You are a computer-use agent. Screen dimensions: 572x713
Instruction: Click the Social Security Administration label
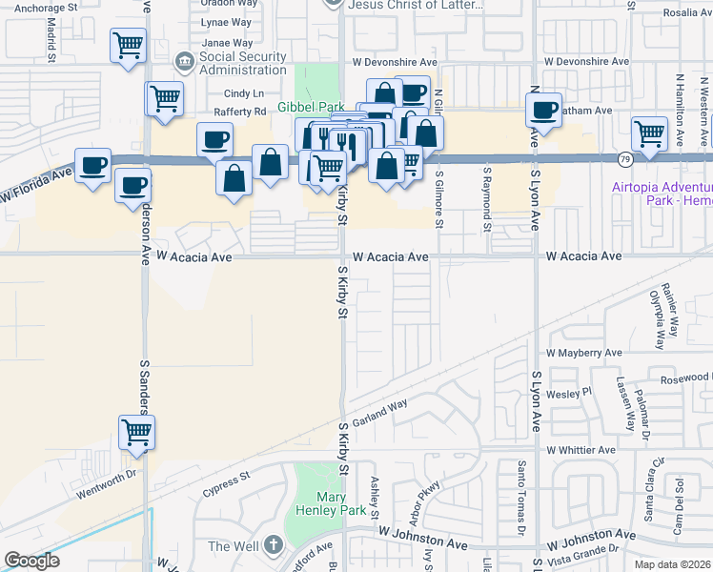point(243,63)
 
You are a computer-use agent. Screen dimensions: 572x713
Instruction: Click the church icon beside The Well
point(274,545)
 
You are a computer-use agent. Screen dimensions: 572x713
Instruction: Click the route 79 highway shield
point(624,158)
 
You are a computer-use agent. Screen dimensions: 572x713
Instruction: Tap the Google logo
point(31,561)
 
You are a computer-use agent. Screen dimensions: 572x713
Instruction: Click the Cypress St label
point(226,483)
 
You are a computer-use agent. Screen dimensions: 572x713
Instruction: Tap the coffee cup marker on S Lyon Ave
point(543,110)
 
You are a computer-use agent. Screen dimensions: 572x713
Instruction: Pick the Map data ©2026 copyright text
point(671,564)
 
